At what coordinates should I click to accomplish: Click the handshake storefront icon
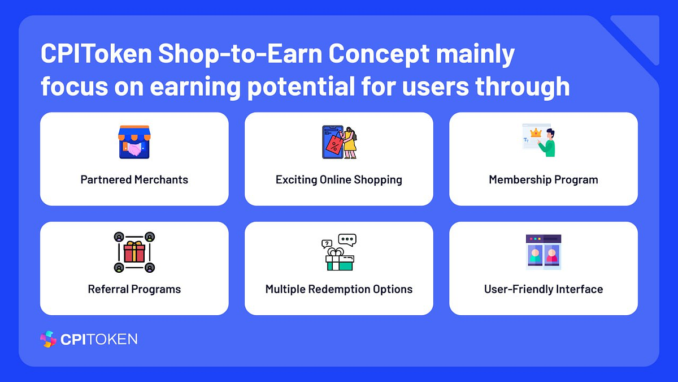[134, 142]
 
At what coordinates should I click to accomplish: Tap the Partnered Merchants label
[134, 180]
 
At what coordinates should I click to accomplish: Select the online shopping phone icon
[339, 142]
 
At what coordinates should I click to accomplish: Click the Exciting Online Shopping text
[339, 180]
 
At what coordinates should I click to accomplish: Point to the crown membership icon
[540, 141]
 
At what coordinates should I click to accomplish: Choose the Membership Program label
[543, 180]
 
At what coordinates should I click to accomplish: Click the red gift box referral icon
[134, 252]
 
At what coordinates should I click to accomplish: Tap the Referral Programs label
[134, 289]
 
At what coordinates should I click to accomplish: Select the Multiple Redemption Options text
[339, 289]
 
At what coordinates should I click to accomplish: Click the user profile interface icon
[543, 252]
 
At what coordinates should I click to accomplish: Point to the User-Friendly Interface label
[543, 289]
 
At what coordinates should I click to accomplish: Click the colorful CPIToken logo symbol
[49, 339]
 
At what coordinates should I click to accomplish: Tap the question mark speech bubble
[326, 244]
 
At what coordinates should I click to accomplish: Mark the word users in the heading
[436, 86]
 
